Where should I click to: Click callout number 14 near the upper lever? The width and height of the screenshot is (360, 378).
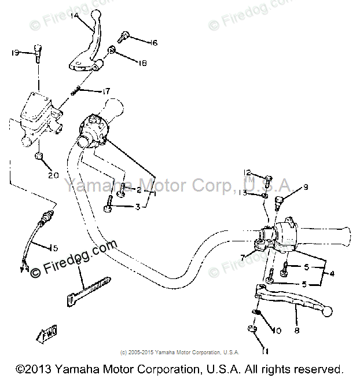(x=76, y=16)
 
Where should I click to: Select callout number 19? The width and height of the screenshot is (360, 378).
(x=16, y=53)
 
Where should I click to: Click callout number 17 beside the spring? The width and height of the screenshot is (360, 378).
(x=106, y=91)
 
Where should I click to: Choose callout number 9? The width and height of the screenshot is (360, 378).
(x=305, y=187)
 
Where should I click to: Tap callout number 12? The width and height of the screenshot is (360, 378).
(x=247, y=173)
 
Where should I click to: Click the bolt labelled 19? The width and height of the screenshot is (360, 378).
(x=38, y=53)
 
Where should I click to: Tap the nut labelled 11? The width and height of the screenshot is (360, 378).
(x=253, y=330)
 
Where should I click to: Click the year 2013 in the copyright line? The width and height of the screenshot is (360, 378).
(x=40, y=369)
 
